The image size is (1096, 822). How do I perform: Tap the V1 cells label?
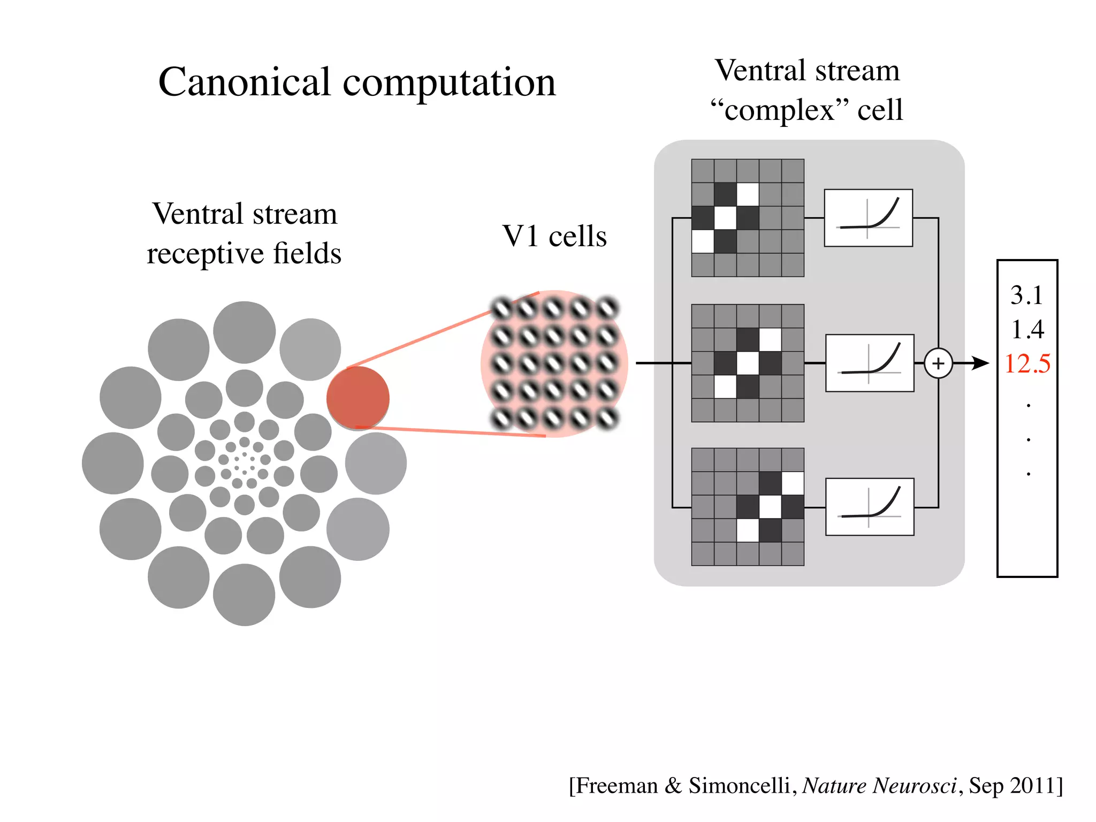click(554, 236)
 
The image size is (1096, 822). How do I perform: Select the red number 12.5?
click(1027, 364)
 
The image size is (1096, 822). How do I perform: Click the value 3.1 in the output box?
click(1026, 295)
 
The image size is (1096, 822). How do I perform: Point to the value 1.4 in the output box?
click(1027, 329)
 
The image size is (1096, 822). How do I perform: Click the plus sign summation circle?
click(938, 363)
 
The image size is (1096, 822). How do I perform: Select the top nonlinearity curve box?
click(868, 218)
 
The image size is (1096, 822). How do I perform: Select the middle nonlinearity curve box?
click(870, 363)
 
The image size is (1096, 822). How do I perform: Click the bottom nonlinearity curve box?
click(870, 507)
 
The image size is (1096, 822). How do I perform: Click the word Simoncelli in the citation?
click(739, 786)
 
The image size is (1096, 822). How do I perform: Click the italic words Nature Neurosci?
click(879, 786)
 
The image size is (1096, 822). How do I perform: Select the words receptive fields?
click(244, 253)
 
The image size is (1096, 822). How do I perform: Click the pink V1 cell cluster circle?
click(554, 364)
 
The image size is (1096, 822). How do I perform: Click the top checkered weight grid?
click(747, 218)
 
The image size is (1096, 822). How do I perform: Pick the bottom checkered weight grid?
click(747, 507)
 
